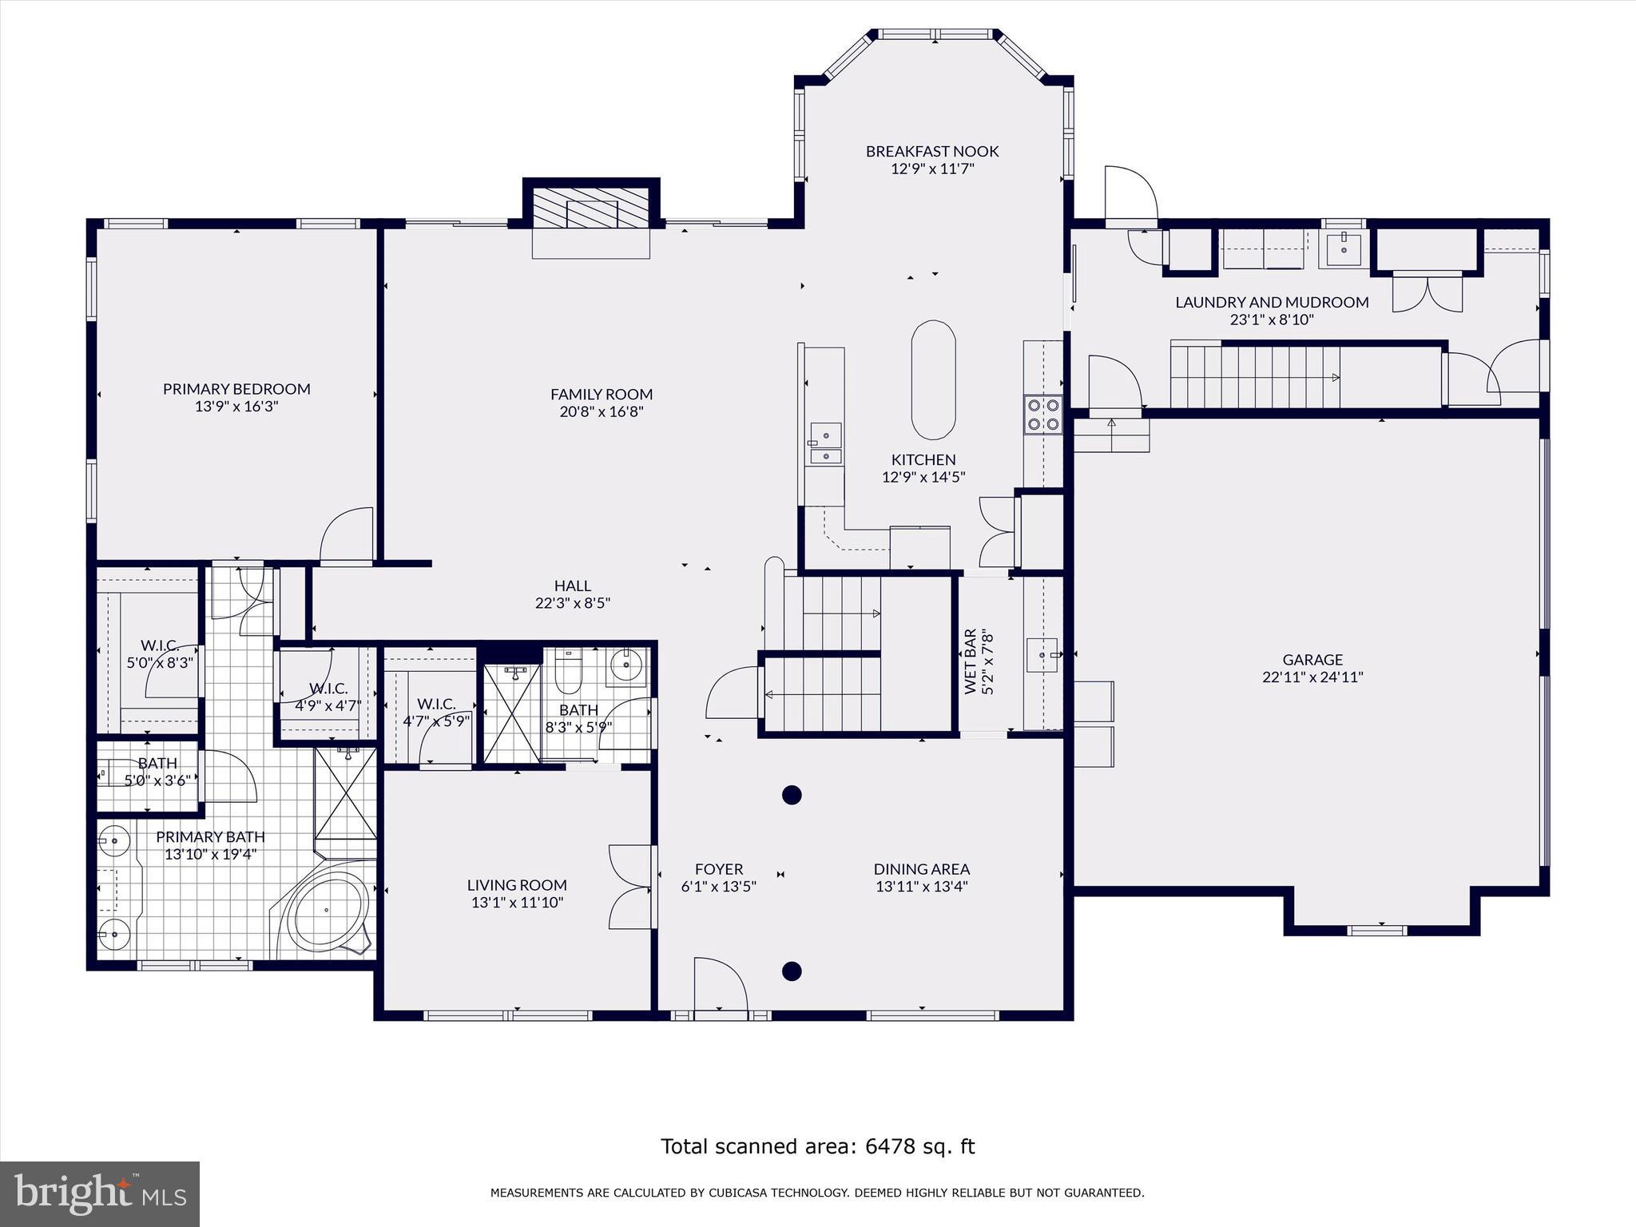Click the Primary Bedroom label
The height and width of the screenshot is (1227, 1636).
pyautogui.click(x=236, y=389)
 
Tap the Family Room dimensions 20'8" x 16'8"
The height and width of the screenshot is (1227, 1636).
pyautogui.click(x=602, y=412)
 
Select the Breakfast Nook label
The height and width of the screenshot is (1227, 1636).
pyautogui.click(x=932, y=151)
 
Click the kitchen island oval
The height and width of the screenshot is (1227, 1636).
pyautogui.click(x=933, y=379)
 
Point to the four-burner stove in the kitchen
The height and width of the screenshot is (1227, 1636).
pyautogui.click(x=1043, y=415)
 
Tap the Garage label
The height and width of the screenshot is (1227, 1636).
pyautogui.click(x=1312, y=660)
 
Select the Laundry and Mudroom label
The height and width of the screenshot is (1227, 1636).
pyautogui.click(x=1272, y=302)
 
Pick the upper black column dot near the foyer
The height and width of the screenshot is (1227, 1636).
pyautogui.click(x=791, y=795)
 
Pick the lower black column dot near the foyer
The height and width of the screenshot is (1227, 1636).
pyautogui.click(x=791, y=971)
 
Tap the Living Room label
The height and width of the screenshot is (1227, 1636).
pyautogui.click(x=517, y=885)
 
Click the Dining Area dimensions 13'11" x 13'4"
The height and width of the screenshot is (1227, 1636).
pyautogui.click(x=921, y=886)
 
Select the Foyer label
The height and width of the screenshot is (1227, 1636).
pyautogui.click(x=718, y=869)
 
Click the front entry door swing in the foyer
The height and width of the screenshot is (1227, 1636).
pyautogui.click(x=719, y=986)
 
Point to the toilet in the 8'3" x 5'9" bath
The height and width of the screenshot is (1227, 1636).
pyautogui.click(x=568, y=673)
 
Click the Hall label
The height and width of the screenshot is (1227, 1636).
pyautogui.click(x=573, y=586)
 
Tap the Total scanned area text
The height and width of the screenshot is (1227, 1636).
pyautogui.click(x=817, y=1146)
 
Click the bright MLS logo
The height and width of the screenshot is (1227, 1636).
pyautogui.click(x=100, y=1193)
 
